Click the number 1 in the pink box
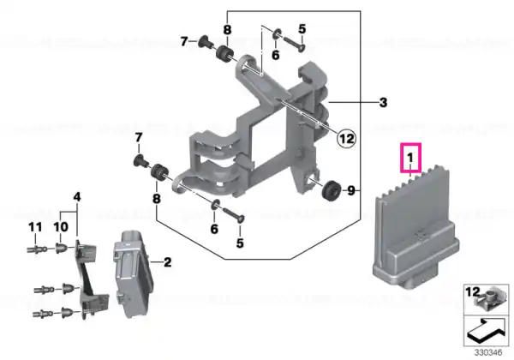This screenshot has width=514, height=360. coord(409,158)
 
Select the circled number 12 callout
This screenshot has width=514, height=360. coord(346,139)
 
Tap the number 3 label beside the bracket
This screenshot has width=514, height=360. coord(383,103)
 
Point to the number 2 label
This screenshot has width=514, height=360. coord(167,262)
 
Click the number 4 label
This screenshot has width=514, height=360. coord(77,197)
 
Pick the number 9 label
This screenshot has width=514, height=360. coord(351,190)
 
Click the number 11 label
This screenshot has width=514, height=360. coord(35,227)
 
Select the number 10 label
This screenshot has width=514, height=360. coord(61,227)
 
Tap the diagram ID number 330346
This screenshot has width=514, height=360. coord(488,353)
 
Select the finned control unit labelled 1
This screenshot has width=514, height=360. coord(415,229)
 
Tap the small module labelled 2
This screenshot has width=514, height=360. coord(134,273)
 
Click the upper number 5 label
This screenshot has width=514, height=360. coord(302,29)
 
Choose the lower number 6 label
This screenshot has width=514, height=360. coord(214,229)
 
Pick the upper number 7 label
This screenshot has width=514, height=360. coord(184,42)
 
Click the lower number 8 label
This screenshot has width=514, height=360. coord(157,199)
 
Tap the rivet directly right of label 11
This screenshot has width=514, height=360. coord(61,249)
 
